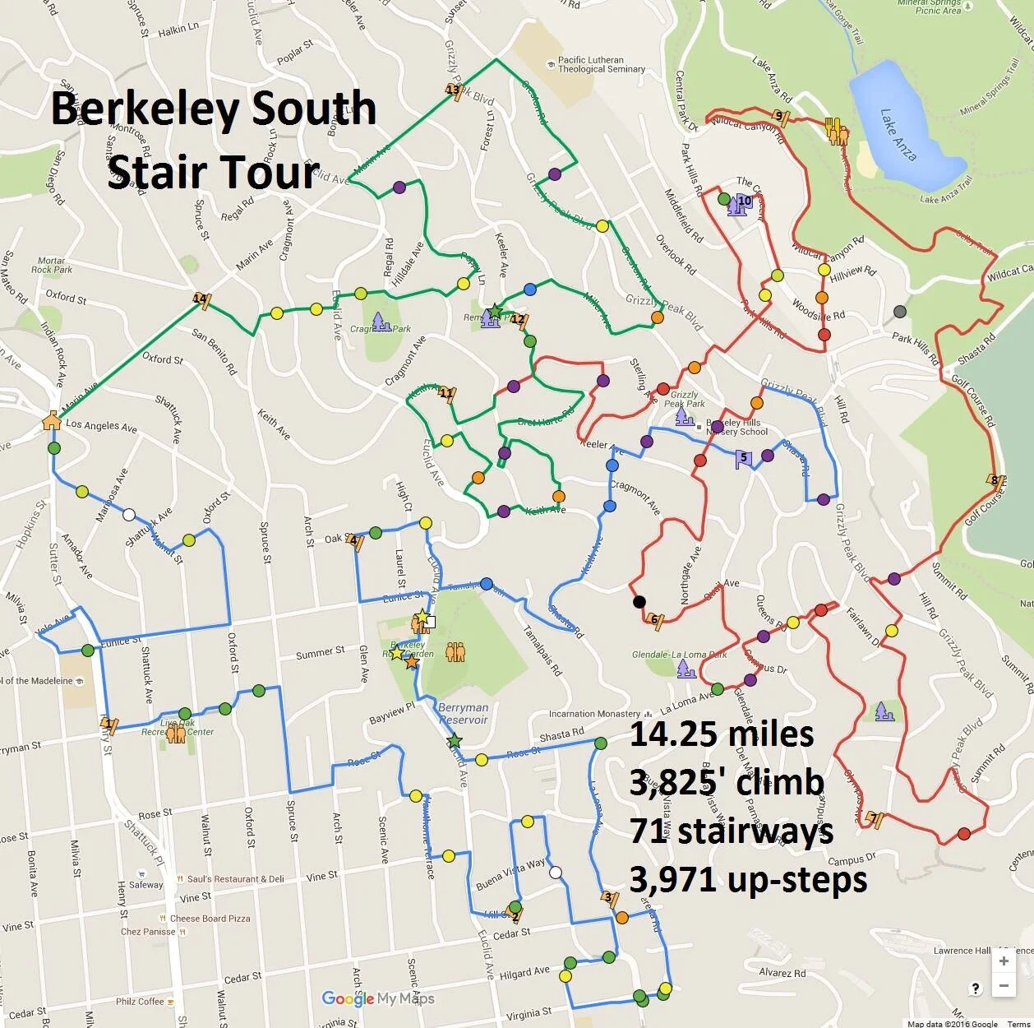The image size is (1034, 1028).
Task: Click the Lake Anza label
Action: [x=898, y=134]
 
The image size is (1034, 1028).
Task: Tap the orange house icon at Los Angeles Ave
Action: [x=51, y=420]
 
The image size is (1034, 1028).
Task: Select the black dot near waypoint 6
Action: [x=639, y=602]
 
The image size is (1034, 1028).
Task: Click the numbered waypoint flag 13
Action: [x=454, y=90]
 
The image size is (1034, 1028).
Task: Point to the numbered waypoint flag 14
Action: [x=200, y=299]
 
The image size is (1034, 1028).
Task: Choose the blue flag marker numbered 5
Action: [x=743, y=459]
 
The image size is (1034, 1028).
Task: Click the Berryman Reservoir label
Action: [x=463, y=713]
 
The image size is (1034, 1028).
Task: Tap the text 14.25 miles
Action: [x=722, y=734]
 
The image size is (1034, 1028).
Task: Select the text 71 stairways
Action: [x=732, y=831]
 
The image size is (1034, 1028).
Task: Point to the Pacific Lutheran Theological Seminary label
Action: [x=602, y=64]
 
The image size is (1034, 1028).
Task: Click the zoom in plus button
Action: [x=1004, y=961]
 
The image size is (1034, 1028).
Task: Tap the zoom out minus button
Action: [x=1004, y=986]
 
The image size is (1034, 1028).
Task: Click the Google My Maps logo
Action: [x=377, y=998]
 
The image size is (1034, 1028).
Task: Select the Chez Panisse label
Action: [x=148, y=932]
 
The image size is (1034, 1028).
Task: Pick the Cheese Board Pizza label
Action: [x=210, y=919]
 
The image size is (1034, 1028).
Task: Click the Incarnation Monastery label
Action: [x=594, y=714]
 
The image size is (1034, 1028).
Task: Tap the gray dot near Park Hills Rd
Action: [x=900, y=311]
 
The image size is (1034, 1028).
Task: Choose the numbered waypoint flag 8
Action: [x=996, y=481]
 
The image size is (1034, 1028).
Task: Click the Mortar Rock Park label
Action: [x=51, y=265]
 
